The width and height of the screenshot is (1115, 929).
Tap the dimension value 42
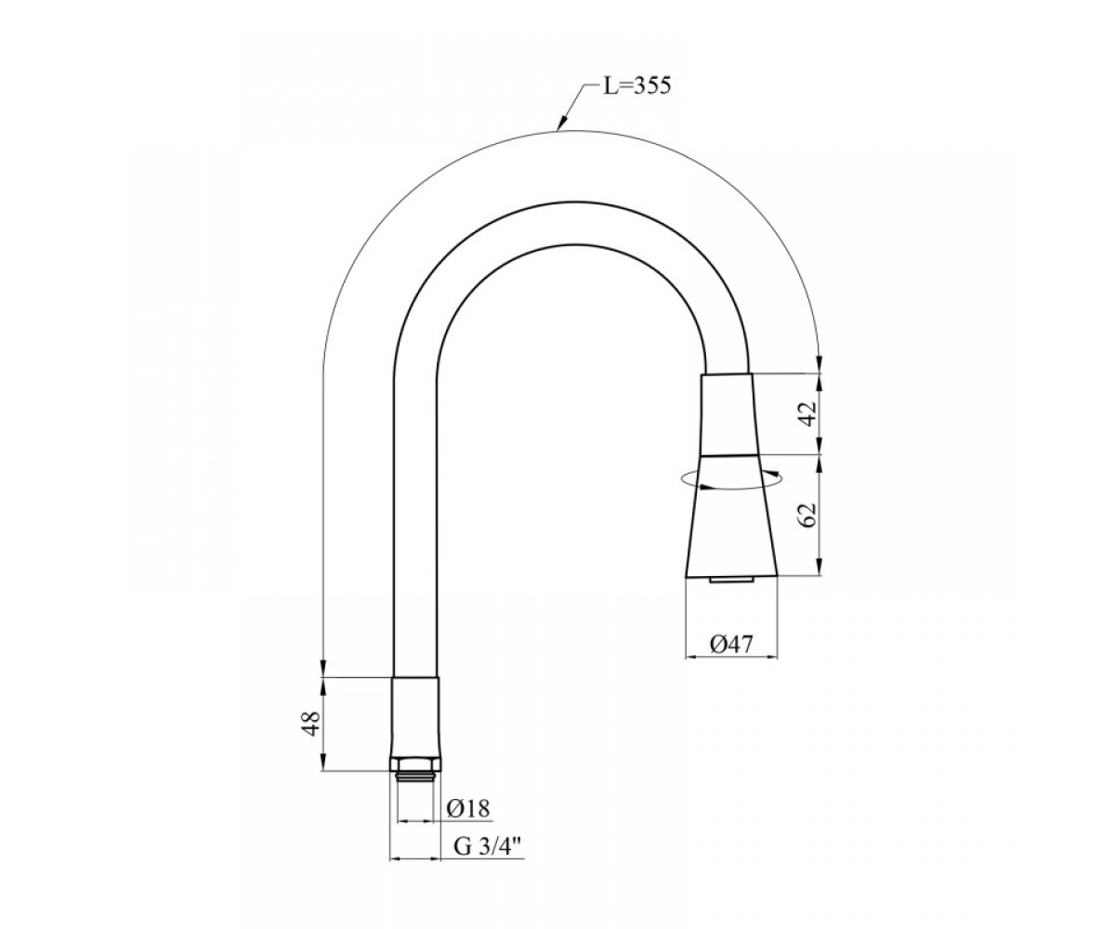810,412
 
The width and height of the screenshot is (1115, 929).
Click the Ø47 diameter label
731,645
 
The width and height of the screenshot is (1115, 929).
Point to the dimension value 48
312,723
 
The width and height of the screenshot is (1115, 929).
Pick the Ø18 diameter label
468,808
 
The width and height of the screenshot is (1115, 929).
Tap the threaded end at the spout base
415,778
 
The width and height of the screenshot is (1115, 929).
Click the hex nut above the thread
415,765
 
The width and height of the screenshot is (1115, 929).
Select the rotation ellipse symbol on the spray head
728,479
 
